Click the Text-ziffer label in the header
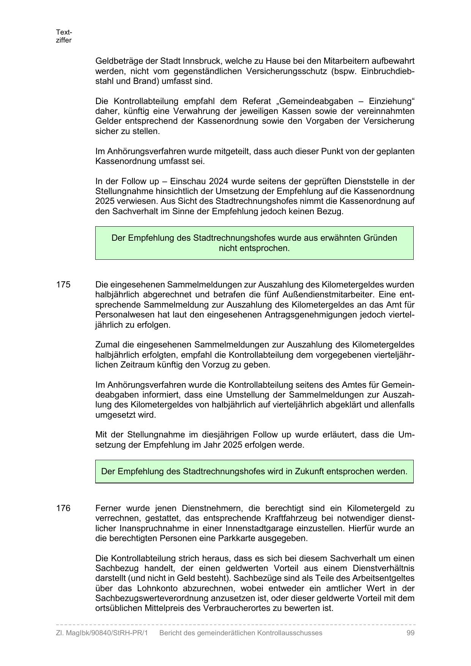click(x=64, y=36)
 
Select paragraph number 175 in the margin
click(x=63, y=284)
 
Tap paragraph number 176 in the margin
click(x=63, y=508)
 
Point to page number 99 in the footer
click(x=410, y=633)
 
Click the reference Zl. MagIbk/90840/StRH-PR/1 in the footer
click(x=102, y=633)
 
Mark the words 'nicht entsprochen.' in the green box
click(x=254, y=248)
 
